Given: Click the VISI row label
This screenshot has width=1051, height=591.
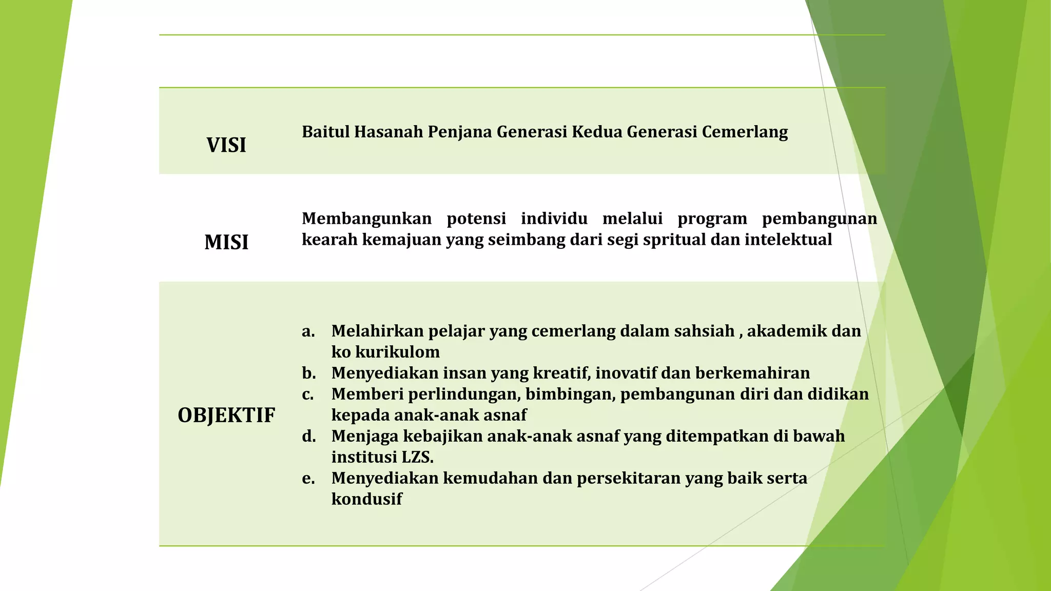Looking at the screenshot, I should pyautogui.click(x=226, y=145).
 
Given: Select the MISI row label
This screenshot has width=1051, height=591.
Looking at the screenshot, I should pyautogui.click(x=226, y=242).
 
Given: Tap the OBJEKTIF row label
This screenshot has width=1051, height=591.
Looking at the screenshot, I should pyautogui.click(x=226, y=415).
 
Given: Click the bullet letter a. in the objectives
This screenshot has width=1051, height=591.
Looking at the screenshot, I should pyautogui.click(x=308, y=331).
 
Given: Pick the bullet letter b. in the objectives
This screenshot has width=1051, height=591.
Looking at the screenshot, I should pyautogui.click(x=308, y=373).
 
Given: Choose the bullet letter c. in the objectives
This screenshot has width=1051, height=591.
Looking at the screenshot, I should pyautogui.click(x=308, y=394).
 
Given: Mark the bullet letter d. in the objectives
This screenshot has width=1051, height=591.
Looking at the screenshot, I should pyautogui.click(x=308, y=436).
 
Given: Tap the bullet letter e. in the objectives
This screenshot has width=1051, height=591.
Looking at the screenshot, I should pyautogui.click(x=308, y=478).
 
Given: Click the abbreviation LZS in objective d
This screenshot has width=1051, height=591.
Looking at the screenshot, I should pyautogui.click(x=416, y=457).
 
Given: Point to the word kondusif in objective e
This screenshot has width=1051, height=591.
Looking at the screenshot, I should pyautogui.click(x=366, y=499).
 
